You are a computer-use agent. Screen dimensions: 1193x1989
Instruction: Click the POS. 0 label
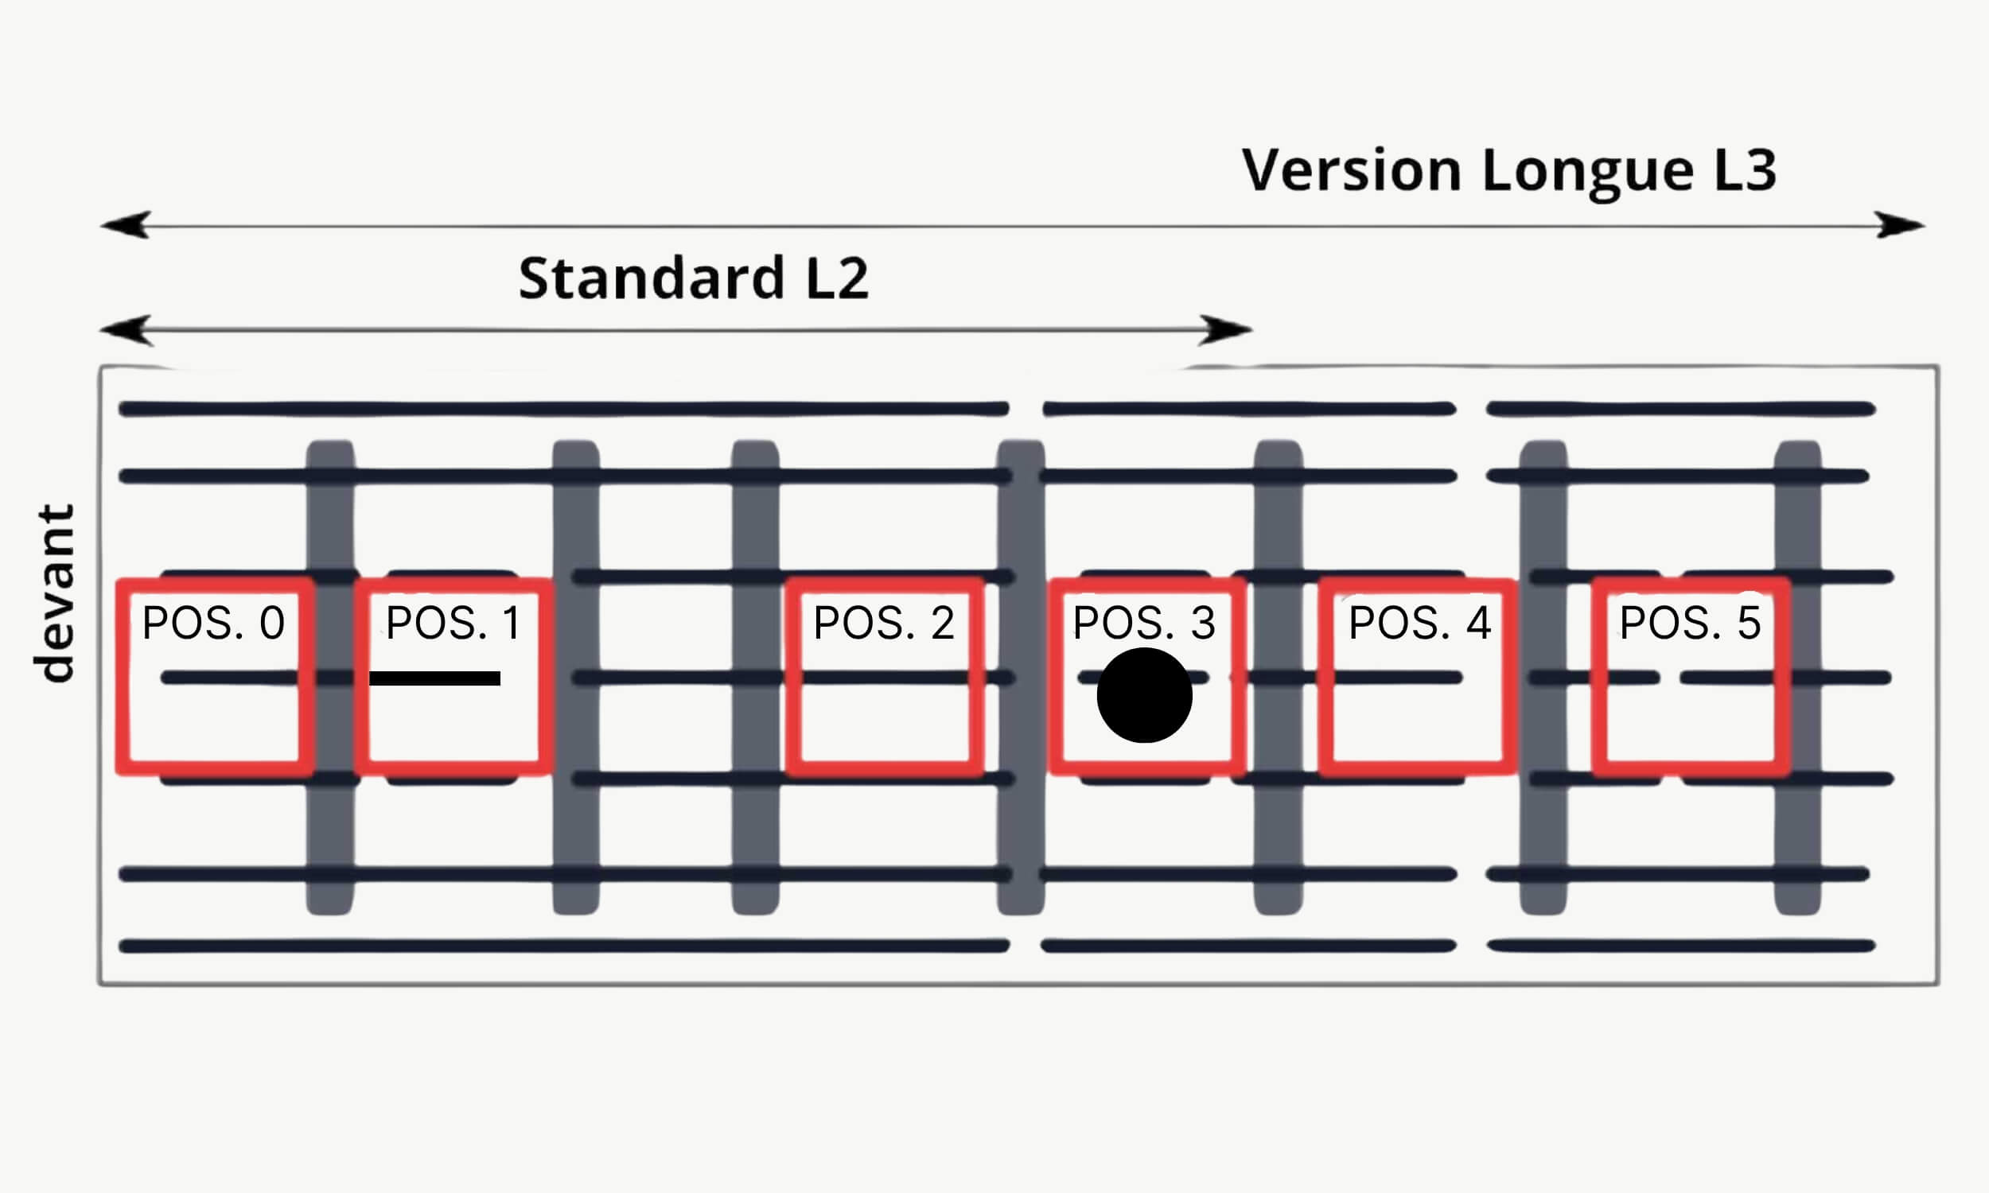213,623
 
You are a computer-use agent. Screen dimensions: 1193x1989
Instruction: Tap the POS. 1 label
453,623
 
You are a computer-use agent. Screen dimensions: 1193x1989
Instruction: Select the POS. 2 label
884,623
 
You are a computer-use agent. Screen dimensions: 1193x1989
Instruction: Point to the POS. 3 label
1143,623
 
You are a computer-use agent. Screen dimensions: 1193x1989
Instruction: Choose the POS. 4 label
1419,623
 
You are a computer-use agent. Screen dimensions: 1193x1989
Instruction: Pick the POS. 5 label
1690,623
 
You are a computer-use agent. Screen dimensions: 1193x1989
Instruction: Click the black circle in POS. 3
1144,695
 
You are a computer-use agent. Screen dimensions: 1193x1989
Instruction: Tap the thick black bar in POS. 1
434,678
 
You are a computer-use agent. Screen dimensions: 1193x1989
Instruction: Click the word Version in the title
1351,170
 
